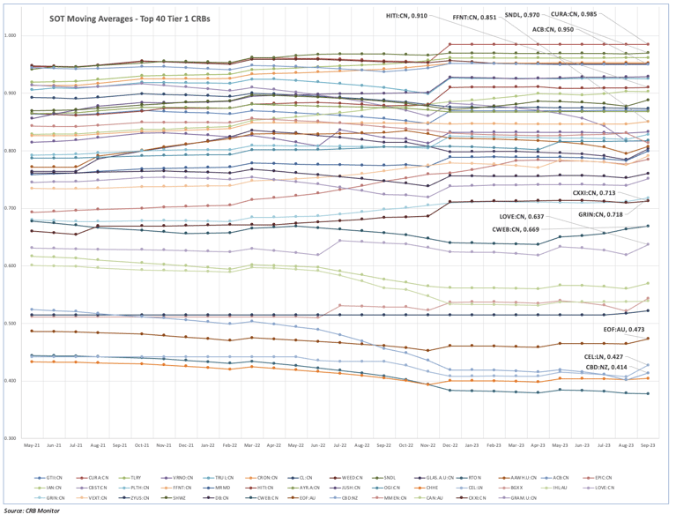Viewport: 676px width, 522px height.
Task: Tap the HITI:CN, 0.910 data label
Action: coord(406,16)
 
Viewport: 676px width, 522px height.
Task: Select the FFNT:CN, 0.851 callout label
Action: coord(473,16)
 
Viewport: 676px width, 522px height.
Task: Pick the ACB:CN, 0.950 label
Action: coord(553,30)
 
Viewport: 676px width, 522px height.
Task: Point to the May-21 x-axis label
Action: coord(32,446)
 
